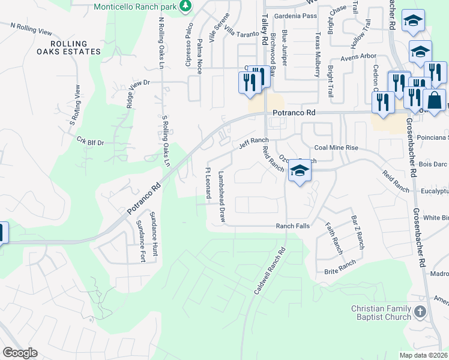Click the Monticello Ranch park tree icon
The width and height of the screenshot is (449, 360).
coord(186,6)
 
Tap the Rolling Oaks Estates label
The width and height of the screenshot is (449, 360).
coord(75,47)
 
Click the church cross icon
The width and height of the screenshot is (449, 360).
coord(420,312)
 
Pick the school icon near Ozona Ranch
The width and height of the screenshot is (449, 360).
coord(300,171)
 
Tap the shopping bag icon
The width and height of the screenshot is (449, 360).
coord(434,100)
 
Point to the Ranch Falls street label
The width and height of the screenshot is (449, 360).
coord(292,226)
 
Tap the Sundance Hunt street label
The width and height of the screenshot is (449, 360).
coord(154,234)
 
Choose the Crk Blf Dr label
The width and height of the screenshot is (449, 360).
coord(91,142)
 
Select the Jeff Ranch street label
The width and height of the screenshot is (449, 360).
coord(254,142)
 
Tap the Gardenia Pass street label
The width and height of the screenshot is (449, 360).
coord(295,16)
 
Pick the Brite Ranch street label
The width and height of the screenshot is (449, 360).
coord(340,266)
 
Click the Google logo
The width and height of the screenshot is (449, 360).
coord(20,353)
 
